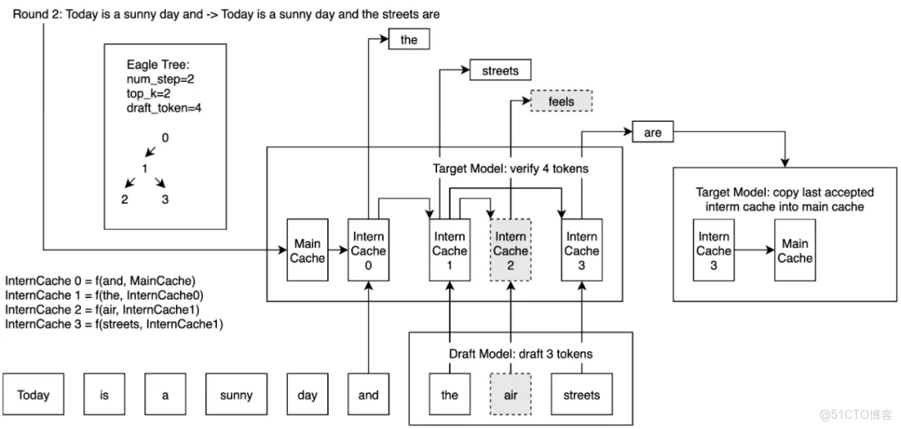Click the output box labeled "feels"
pyautogui.click(x=561, y=101)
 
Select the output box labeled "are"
pyautogui.click(x=652, y=132)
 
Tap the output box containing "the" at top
pyautogui.click(x=409, y=39)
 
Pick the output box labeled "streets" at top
pyautogui.click(x=500, y=70)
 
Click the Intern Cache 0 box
pyautogui.click(x=369, y=250)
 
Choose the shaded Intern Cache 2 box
pyautogui.click(x=511, y=250)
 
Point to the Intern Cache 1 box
pyautogui.click(x=450, y=250)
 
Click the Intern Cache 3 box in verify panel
pyautogui.click(x=581, y=250)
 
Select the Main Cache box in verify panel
pyautogui.click(x=307, y=250)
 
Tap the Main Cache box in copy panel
pyautogui.click(x=795, y=250)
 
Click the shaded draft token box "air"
pyautogui.click(x=511, y=395)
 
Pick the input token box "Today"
pyautogui.click(x=33, y=395)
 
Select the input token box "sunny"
pyautogui.click(x=236, y=395)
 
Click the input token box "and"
pyautogui.click(x=369, y=395)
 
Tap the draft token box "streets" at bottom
pyautogui.click(x=581, y=395)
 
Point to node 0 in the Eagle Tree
pyautogui.click(x=165, y=138)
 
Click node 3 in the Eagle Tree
pyautogui.click(x=165, y=199)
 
